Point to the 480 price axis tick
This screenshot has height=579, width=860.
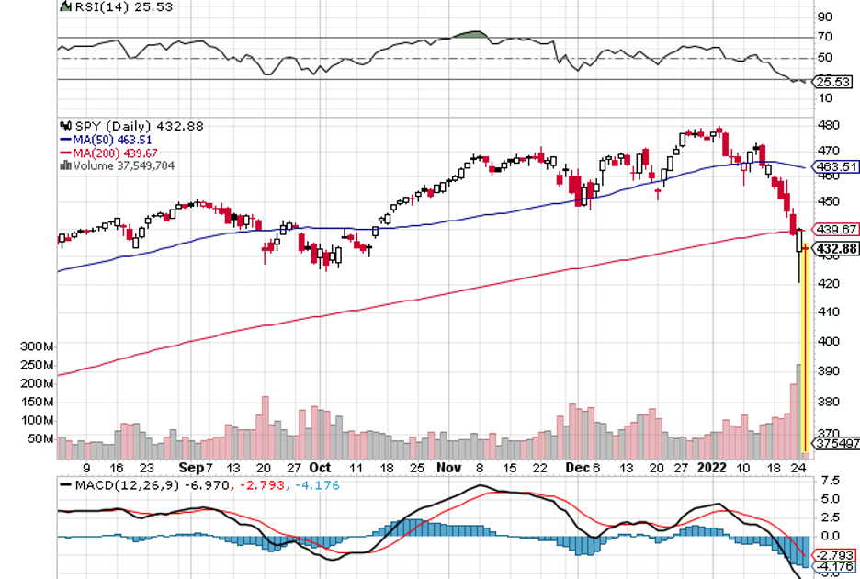point(828,125)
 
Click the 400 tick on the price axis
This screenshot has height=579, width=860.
point(828,341)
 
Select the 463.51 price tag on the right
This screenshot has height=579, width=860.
point(838,167)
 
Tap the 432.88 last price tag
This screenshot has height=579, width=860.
point(838,248)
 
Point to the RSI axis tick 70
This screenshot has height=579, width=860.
point(825,38)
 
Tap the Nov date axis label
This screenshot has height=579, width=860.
point(448,467)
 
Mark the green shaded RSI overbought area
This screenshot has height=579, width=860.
point(470,35)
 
